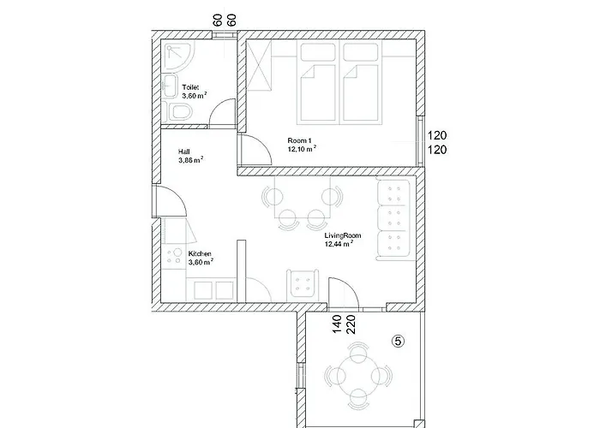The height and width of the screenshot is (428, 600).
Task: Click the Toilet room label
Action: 191,86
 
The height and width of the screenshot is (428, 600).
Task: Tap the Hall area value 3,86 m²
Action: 190,159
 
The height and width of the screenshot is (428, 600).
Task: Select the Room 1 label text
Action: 299,139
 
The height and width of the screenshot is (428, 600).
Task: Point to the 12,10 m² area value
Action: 302,148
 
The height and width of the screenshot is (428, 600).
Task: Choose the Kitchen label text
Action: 201,253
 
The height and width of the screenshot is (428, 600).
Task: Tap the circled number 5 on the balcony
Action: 398,340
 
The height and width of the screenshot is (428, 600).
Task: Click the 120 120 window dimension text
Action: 438,142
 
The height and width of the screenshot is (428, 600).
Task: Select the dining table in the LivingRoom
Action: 299,204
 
